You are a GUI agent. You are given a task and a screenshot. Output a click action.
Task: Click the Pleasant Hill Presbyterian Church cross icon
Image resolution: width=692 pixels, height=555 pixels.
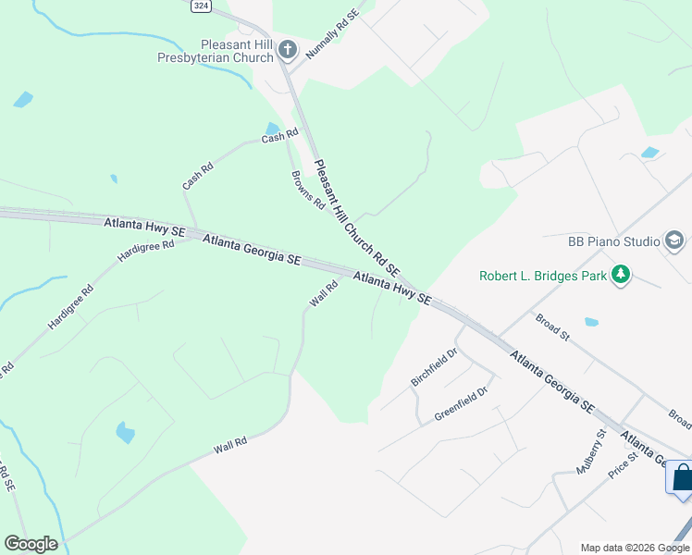pos(287,49)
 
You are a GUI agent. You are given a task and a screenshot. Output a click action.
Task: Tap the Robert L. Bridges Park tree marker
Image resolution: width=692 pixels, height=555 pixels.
pos(622,275)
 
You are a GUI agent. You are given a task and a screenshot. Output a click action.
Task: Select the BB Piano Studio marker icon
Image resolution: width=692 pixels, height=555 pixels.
pos(675,241)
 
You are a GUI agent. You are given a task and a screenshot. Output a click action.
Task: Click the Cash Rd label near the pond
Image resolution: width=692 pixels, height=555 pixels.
pos(279,136)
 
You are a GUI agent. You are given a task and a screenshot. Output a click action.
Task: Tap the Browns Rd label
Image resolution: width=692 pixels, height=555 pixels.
pos(308,190)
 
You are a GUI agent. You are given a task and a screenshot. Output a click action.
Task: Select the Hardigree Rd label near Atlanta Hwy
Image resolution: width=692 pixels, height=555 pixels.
pos(146,251)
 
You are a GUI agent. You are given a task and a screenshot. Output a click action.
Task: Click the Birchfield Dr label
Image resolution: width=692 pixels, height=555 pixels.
pos(434,367)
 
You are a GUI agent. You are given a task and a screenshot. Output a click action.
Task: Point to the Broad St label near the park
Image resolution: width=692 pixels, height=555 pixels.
pos(553,328)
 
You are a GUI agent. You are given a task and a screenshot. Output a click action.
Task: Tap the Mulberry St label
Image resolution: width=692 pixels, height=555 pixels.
pos(590,451)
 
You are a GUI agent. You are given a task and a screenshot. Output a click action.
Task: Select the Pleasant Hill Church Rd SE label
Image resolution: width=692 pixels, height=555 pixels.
pos(356,219)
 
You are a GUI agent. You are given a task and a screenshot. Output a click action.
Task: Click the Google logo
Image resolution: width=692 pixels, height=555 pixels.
pos(31,544)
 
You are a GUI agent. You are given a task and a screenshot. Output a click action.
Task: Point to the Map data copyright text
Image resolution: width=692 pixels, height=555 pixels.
pos(636,548)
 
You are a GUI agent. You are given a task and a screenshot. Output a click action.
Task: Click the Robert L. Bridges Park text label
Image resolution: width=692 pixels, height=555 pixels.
pos(542,276)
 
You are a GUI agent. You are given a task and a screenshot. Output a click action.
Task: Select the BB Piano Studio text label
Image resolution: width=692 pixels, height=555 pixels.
pos(612,241)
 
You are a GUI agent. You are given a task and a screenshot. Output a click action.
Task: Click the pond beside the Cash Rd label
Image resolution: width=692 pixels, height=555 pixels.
pos(272,129)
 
